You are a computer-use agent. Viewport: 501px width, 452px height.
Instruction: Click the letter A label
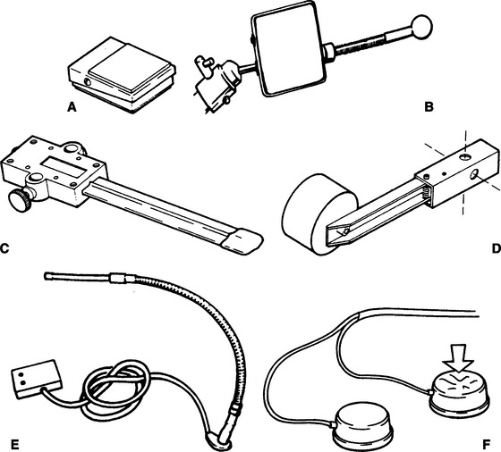tap(72, 107)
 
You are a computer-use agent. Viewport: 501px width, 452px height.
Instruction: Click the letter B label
tap(429, 107)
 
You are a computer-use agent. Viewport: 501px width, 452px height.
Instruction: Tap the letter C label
tap(4, 248)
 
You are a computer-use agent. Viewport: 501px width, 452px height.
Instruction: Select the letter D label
tap(497, 248)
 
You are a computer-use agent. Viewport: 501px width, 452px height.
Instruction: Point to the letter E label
tap(14, 444)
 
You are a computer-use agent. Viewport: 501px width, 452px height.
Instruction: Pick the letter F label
tap(486, 444)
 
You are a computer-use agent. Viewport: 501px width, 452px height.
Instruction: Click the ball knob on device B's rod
tap(421, 26)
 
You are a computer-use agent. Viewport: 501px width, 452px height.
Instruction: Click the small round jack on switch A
tap(87, 82)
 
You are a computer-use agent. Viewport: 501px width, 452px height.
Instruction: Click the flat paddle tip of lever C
tap(242, 241)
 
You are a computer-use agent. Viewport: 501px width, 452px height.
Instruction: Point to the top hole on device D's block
tap(465, 156)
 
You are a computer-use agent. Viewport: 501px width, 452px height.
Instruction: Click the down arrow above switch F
tap(457, 358)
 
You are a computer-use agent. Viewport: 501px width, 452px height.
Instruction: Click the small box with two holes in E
tap(38, 379)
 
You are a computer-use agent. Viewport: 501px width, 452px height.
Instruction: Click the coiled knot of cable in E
tap(115, 387)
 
